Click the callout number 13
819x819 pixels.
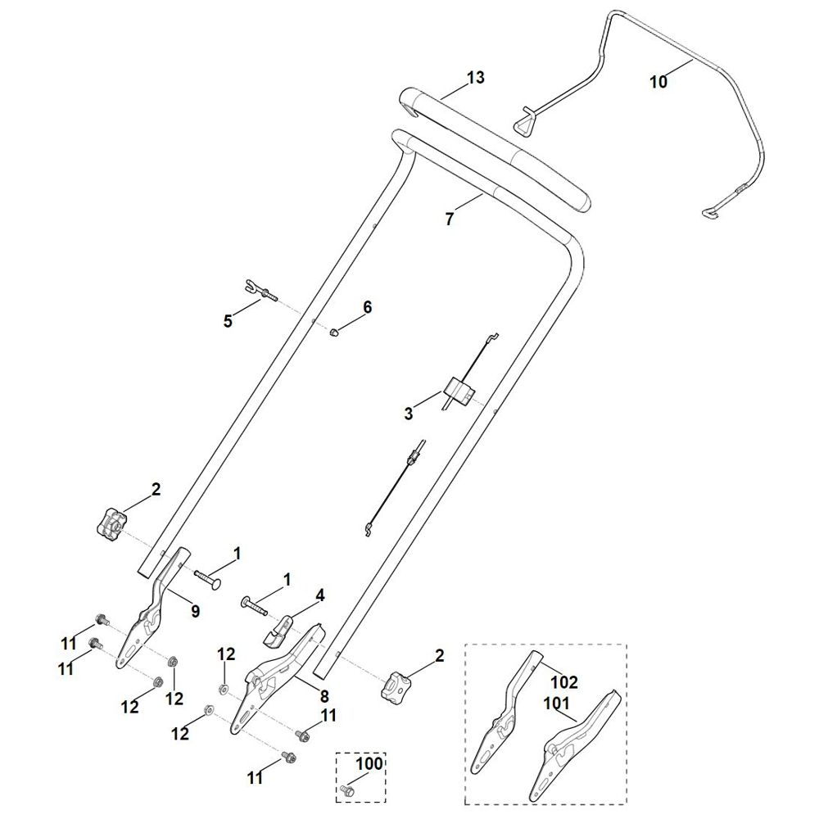tap(476, 78)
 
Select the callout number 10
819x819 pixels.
tap(658, 81)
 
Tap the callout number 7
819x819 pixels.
tap(448, 219)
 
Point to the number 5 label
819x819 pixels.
tap(228, 321)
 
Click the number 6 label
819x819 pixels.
tap(367, 307)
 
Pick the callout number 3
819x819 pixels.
tap(409, 414)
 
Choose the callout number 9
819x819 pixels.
tap(195, 610)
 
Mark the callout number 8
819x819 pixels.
tap(324, 697)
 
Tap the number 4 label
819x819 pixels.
tap(320, 595)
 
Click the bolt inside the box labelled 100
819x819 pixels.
tap(346, 790)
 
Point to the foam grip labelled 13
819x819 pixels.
tap(491, 147)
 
